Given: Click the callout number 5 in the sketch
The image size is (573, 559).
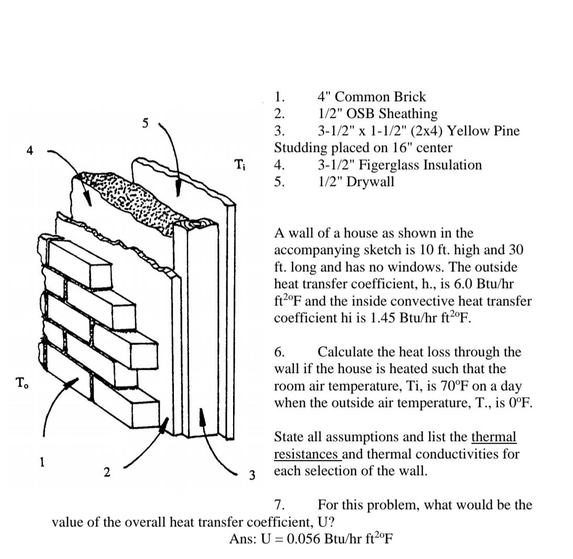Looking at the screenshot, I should click(146, 123).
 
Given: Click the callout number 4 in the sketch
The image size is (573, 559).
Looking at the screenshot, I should click(30, 151).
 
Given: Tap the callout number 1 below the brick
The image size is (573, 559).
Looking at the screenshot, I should click(41, 462).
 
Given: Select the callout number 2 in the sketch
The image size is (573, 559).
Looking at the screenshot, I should click(107, 472).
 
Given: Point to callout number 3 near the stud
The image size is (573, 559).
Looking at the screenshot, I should click(252, 475).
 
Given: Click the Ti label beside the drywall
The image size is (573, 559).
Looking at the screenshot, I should click(239, 165).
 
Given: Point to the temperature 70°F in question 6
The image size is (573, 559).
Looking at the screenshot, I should click(458, 386).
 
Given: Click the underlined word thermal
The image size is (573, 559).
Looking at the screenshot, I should click(493, 437).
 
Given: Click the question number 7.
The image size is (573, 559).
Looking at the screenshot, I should click(280, 505).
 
